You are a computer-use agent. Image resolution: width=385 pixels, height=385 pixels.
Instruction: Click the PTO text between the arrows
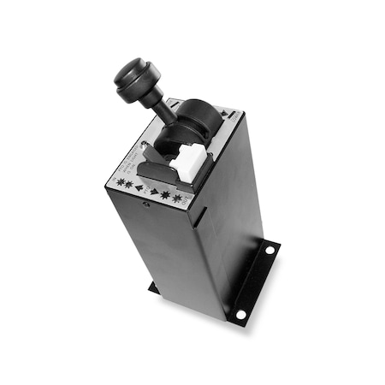[147, 189]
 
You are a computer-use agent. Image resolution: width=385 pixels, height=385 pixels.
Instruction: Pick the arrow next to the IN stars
[138, 186]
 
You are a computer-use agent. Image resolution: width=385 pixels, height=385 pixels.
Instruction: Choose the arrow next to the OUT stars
[156, 193]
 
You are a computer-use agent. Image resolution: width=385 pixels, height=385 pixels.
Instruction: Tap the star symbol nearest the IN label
[120, 181]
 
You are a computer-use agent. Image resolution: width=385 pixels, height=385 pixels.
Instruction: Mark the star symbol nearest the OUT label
[178, 199]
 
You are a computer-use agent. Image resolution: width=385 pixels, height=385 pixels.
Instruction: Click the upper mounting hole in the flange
[269, 251]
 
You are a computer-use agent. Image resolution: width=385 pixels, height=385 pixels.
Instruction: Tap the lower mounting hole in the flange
[241, 314]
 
